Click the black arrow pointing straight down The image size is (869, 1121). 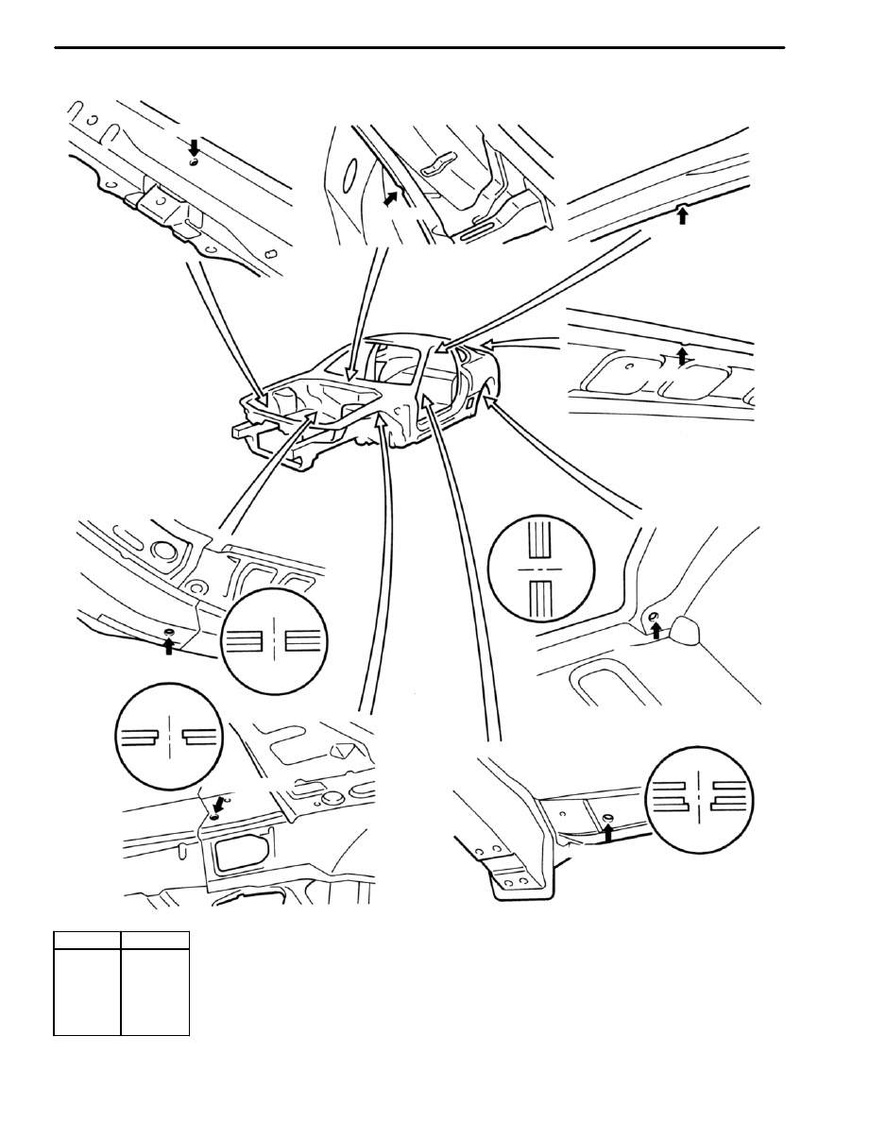194,147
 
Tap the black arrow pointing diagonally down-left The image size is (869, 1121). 219,804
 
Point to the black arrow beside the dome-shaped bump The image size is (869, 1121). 656,630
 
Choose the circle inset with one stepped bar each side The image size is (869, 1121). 167,738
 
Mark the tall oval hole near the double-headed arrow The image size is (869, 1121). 348,179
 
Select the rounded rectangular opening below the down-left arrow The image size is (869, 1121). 240,854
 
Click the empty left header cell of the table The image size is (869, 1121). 86,941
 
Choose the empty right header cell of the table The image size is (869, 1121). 156,941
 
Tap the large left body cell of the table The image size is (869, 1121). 86,992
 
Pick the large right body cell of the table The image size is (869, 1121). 156,992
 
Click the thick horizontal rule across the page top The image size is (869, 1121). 420,48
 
